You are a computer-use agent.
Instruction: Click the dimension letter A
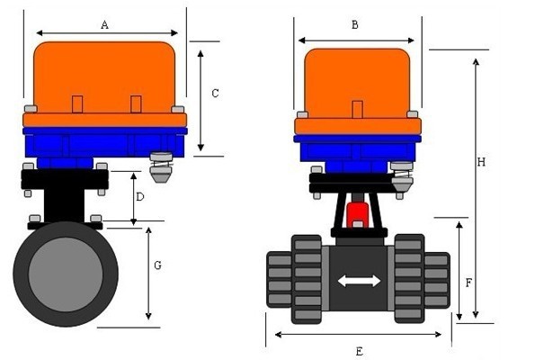tap(105, 25)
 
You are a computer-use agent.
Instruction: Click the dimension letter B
tap(355, 25)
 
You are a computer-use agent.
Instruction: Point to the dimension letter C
tap(215, 93)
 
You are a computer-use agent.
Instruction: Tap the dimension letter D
tap(139, 196)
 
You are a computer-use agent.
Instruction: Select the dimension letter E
tap(360, 349)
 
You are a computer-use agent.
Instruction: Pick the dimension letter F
tap(468, 282)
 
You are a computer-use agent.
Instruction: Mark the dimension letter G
tap(157, 265)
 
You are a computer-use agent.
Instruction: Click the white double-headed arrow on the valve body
tap(359, 282)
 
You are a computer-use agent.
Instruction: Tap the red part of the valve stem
tap(358, 214)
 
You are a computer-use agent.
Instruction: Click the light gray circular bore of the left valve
tap(65, 274)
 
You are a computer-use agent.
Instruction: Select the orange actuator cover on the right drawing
tap(358, 81)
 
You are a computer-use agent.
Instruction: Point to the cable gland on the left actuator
tap(161, 167)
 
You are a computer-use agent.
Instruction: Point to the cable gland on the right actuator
tap(402, 175)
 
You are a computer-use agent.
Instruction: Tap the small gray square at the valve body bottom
tap(358, 313)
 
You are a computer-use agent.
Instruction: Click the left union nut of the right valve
tap(307, 277)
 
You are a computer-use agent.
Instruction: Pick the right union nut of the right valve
tap(409, 277)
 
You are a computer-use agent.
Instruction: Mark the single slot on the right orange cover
tap(358, 110)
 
